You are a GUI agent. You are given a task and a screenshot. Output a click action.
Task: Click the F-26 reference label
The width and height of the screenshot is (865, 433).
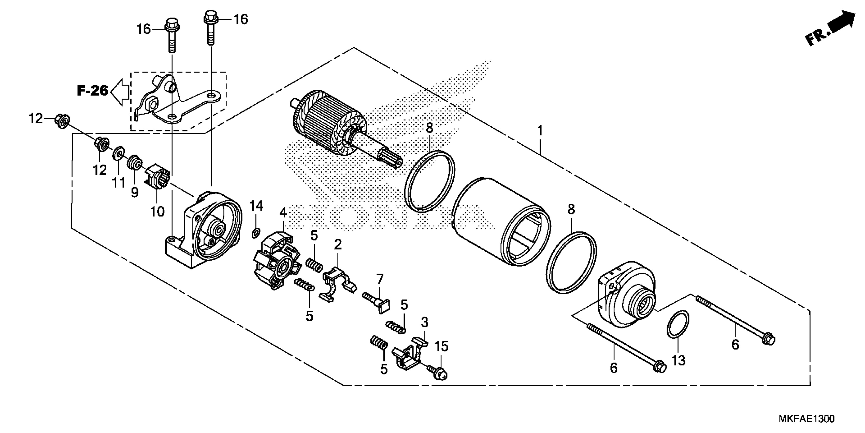[x=92, y=91]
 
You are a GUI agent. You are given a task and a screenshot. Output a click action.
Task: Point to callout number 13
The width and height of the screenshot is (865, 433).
[x=678, y=361]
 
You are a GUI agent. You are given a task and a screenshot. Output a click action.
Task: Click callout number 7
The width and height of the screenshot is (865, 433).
[x=379, y=279]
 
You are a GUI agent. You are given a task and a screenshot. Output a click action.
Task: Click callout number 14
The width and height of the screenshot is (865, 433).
[x=256, y=206]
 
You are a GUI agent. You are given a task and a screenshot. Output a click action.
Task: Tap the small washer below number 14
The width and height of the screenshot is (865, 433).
[x=255, y=232]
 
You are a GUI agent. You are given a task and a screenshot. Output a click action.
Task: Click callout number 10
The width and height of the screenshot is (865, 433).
[x=157, y=212]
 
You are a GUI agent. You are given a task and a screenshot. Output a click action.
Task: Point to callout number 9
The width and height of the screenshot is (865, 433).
[x=134, y=193]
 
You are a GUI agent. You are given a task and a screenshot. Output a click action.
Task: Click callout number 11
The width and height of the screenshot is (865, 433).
[x=118, y=183]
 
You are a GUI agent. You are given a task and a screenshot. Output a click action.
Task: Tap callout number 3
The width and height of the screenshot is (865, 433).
[x=424, y=322]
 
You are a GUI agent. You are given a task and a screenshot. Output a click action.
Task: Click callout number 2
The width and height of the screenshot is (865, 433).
[x=337, y=245]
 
